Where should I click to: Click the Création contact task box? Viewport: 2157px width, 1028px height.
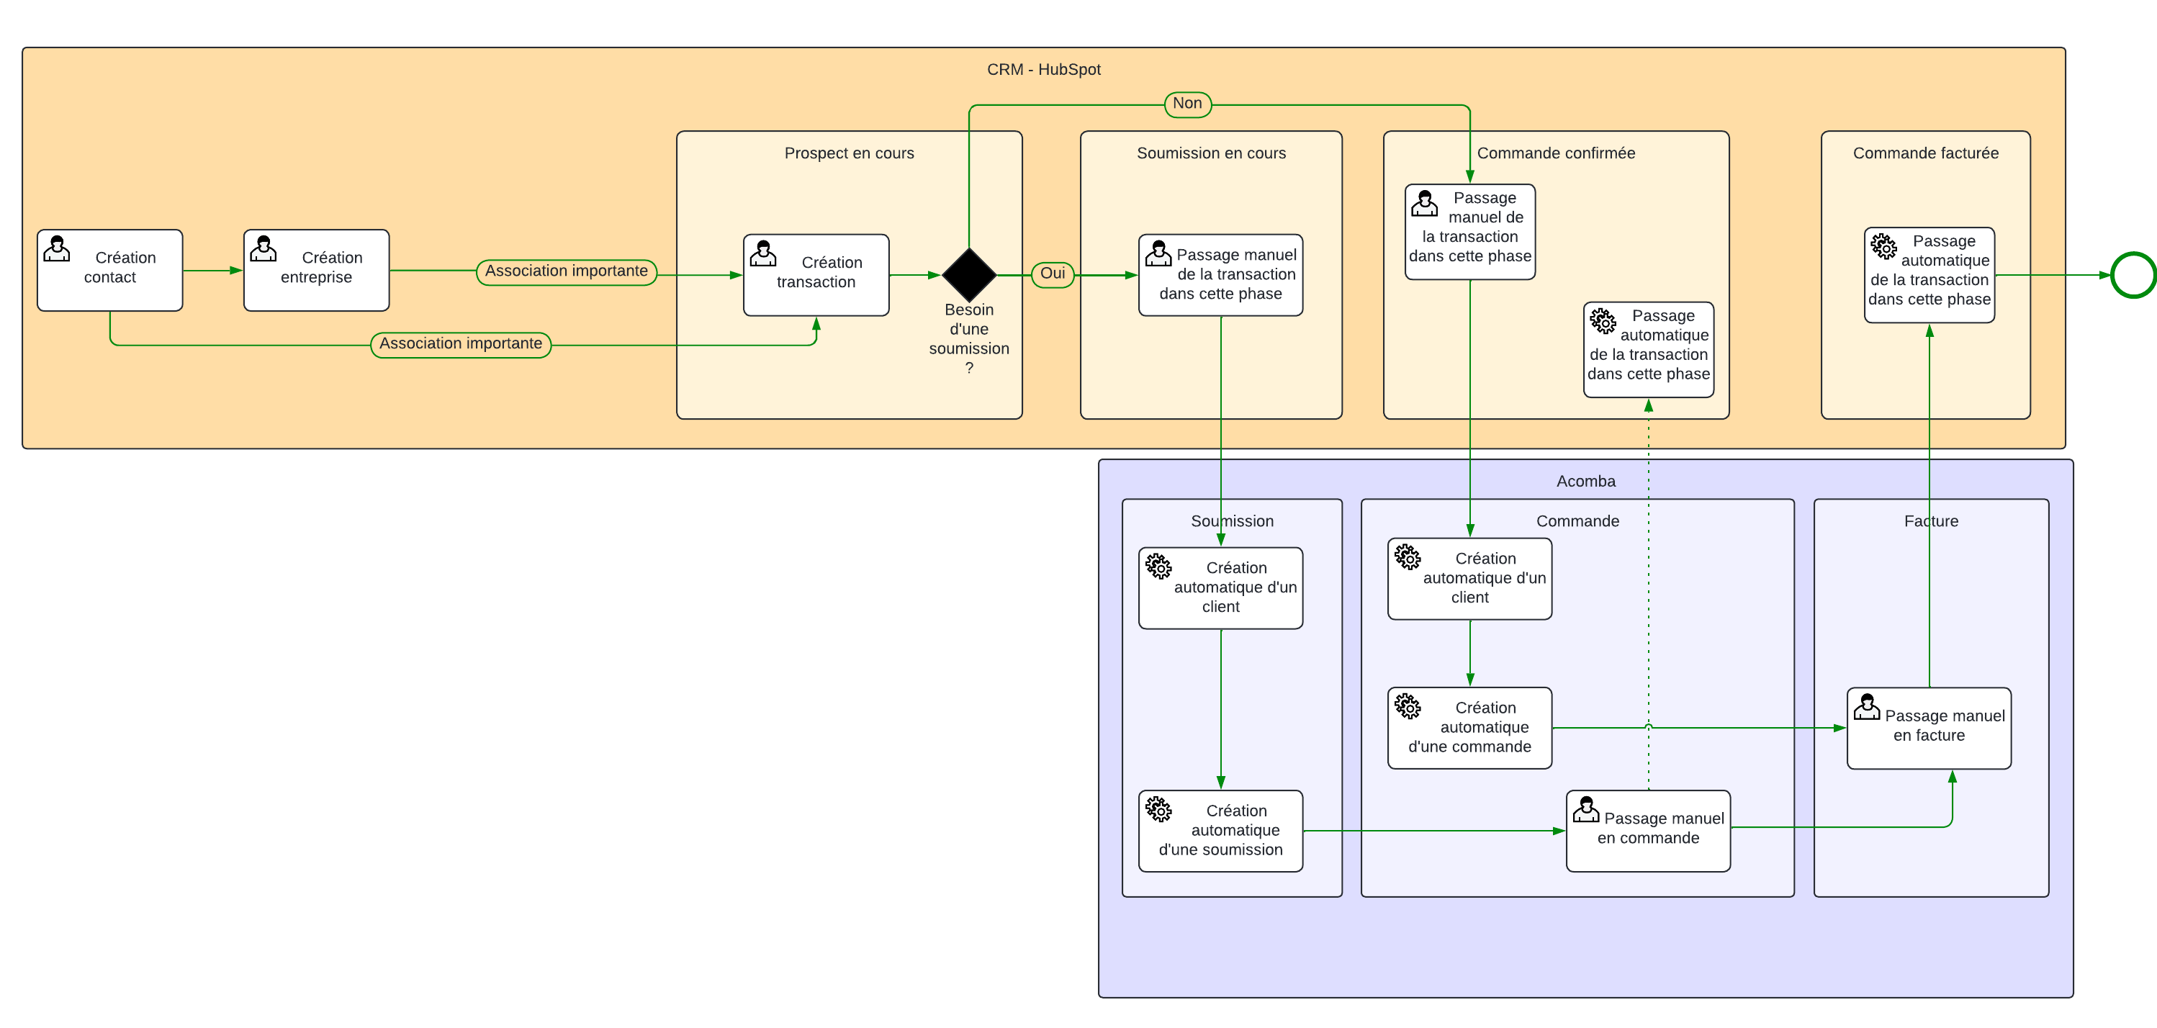(109, 269)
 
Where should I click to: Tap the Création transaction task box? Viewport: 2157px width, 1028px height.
(816, 274)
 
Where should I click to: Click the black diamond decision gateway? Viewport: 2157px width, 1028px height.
(969, 274)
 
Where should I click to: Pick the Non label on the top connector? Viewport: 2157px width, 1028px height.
(1187, 104)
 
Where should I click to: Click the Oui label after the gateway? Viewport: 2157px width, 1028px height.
(1053, 274)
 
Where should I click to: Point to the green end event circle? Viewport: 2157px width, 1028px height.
(2133, 274)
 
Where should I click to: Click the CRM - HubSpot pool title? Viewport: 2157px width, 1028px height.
(1043, 70)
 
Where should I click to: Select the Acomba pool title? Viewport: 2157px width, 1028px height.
(1585, 482)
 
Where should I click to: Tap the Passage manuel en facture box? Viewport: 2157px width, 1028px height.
(1928, 728)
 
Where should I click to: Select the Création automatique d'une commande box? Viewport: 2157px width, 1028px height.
(1469, 728)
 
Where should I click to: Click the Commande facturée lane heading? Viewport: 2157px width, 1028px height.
(1925, 153)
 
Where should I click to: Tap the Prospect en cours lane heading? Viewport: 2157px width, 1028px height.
(848, 153)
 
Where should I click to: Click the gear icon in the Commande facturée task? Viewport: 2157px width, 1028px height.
(1883, 246)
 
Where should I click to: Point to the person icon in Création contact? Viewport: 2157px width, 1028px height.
(57, 248)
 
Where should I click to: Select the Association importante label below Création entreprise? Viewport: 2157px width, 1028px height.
(461, 344)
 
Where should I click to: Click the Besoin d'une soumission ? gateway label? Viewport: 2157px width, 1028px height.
(969, 338)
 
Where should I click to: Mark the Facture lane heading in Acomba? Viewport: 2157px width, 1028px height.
(1931, 521)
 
